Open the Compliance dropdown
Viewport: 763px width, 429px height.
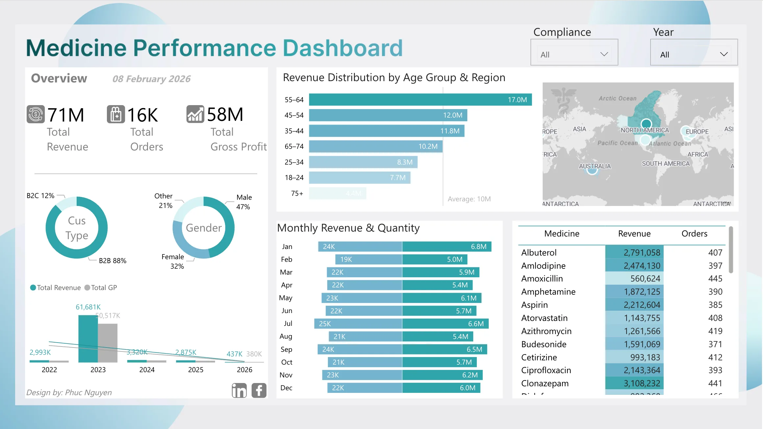[574, 54]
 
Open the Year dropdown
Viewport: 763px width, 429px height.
[694, 54]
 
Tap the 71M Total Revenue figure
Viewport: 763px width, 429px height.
[66, 115]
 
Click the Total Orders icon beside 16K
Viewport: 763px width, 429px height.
[116, 114]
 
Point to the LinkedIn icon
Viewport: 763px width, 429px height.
[239, 390]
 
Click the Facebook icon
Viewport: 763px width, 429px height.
[259, 390]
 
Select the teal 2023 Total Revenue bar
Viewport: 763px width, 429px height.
[88, 338]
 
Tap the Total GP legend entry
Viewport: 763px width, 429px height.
[101, 288]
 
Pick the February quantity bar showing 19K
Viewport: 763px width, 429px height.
[368, 260]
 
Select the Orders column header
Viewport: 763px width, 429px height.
[694, 234]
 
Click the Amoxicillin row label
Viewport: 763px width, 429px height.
[542, 279]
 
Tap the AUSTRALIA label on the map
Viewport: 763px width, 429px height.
[595, 166]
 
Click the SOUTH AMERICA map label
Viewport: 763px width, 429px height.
[666, 164]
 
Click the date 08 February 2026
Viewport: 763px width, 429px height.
[151, 79]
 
